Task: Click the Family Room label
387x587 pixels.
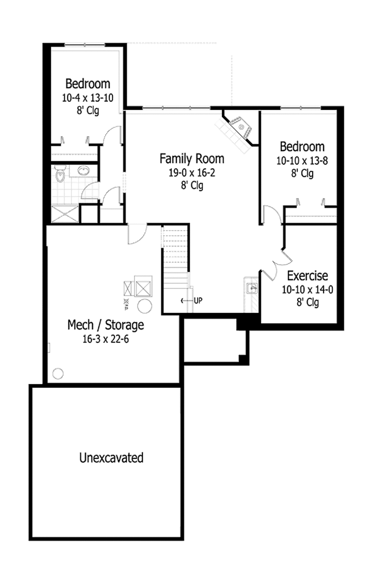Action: click(x=192, y=159)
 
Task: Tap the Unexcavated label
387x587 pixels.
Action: click(x=111, y=458)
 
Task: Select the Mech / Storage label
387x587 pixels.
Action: click(x=105, y=325)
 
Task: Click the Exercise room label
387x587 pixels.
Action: click(x=307, y=276)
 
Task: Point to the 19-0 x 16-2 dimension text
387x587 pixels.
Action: click(x=192, y=173)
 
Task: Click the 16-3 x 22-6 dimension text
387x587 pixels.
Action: click(x=105, y=339)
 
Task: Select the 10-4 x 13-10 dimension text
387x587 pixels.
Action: click(x=88, y=98)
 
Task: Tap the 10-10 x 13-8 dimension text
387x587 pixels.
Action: click(x=302, y=161)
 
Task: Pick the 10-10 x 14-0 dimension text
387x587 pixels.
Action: click(x=307, y=290)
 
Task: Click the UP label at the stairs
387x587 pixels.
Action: click(x=198, y=301)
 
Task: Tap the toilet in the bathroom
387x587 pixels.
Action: click(x=60, y=174)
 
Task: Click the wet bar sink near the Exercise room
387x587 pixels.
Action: click(x=252, y=289)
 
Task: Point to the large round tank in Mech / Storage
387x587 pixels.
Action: click(x=145, y=306)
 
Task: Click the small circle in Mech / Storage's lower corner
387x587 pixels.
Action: click(x=58, y=374)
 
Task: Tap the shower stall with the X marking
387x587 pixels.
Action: click(x=65, y=214)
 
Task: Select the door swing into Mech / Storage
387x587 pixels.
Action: click(x=137, y=234)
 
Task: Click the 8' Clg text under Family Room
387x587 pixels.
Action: click(x=192, y=186)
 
